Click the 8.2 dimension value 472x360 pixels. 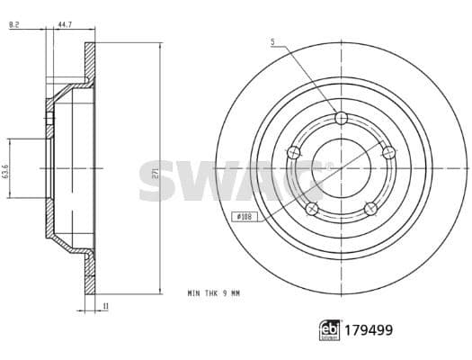[13, 24]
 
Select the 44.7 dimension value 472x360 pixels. [65, 24]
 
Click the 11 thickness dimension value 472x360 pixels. [106, 307]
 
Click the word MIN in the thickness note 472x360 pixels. [194, 293]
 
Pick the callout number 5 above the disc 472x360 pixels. [272, 41]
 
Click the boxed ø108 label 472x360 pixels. [245, 216]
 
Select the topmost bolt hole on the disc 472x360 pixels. [340, 118]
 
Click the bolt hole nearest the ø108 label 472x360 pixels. [311, 209]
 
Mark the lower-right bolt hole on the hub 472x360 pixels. [370, 209]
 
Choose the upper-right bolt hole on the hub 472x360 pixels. [389, 153]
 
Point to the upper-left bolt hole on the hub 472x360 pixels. [292, 154]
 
